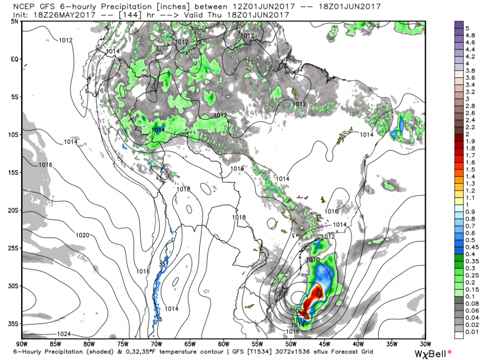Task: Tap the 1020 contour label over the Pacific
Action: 83,235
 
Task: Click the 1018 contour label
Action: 239,217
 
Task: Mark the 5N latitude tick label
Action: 14,21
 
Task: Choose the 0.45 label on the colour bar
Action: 470,247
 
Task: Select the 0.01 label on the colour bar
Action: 470,331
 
